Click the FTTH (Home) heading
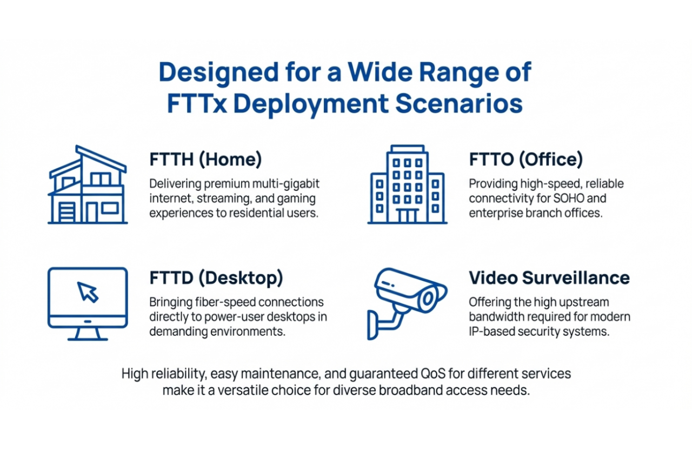pyautogui.click(x=205, y=160)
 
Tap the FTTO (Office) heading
pyautogui.click(x=525, y=160)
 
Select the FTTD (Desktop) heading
pyautogui.click(x=216, y=278)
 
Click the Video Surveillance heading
pyautogui.click(x=549, y=278)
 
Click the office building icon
pyautogui.click(x=408, y=185)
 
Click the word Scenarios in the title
pyautogui.click(x=459, y=103)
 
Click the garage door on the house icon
pyautogui.click(x=67, y=212)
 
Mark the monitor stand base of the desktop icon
pyautogui.click(x=88, y=338)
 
